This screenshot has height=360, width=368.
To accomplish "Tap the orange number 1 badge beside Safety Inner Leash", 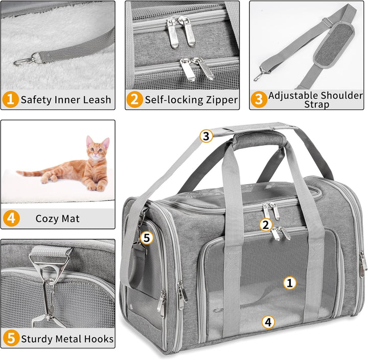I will [9, 99].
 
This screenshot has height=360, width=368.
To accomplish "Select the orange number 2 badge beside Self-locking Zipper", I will [134, 99].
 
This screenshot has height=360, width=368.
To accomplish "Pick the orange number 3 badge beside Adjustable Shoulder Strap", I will [259, 99].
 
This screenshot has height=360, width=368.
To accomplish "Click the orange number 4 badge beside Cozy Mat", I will [11, 219].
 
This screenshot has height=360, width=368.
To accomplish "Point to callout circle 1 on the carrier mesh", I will [290, 282].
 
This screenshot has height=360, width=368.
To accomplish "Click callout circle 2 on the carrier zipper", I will [265, 224].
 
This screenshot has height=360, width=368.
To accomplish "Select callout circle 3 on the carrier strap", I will [205, 136].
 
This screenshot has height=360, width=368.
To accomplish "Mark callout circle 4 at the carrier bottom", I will [268, 322].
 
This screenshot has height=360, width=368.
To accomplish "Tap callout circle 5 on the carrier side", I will [146, 237].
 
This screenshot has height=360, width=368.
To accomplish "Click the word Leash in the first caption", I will [97, 99].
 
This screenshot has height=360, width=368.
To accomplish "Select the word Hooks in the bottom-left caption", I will [98, 339].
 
